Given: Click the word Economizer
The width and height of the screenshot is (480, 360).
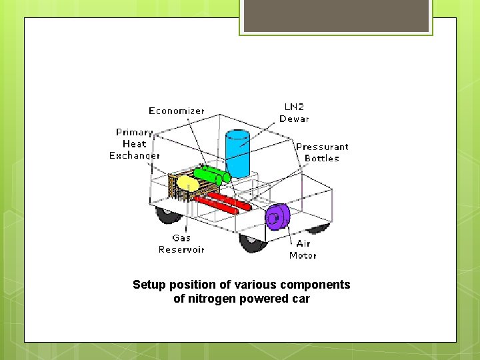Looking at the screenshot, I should pyautogui.click(x=177, y=111).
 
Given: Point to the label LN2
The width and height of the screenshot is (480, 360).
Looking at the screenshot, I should pyautogui.click(x=294, y=107).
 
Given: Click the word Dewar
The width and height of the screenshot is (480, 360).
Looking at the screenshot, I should pyautogui.click(x=294, y=119).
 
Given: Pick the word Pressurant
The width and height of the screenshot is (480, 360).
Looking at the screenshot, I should pyautogui.click(x=322, y=147).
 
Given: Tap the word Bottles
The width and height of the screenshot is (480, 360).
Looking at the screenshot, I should pyautogui.click(x=322, y=159).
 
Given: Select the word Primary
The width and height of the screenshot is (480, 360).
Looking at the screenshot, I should pyautogui.click(x=135, y=132).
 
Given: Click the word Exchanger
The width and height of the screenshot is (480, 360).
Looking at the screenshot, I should pyautogui.click(x=135, y=155).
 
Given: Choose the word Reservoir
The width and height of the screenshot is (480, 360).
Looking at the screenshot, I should pyautogui.click(x=181, y=249).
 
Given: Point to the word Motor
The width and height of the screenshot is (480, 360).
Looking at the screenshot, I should pyautogui.click(x=303, y=255).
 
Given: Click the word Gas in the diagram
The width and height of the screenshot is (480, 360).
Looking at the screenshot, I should pyautogui.click(x=181, y=237).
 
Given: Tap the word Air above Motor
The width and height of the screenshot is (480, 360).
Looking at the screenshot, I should pyautogui.click(x=303, y=243).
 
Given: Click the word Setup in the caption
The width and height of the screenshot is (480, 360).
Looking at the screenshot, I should pyautogui.click(x=148, y=285).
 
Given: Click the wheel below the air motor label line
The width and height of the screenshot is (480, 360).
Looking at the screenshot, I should pyautogui.click(x=253, y=243).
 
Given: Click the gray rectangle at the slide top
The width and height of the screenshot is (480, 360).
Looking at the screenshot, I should pyautogui.click(x=336, y=16).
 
